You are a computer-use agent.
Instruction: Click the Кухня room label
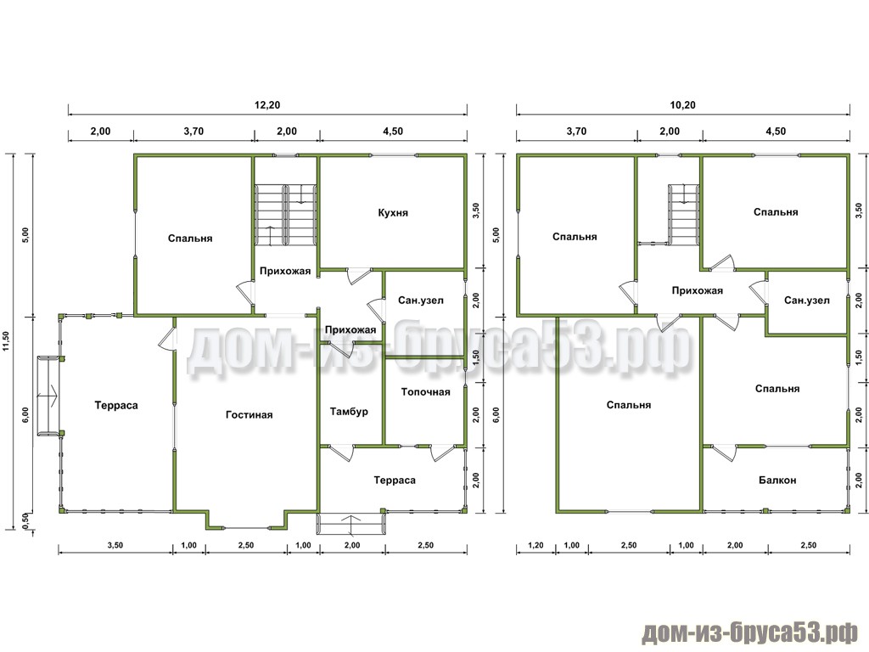(x=393, y=213)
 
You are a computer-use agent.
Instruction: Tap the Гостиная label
(x=249, y=414)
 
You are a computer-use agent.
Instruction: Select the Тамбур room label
(x=349, y=412)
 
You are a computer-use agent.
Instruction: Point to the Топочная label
(x=426, y=392)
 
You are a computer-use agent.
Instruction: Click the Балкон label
(x=777, y=481)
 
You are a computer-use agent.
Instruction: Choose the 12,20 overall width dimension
(x=267, y=104)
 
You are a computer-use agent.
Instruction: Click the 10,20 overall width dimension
(x=683, y=104)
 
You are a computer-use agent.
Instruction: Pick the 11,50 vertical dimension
(x=6, y=341)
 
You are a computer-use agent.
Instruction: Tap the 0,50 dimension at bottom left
(x=25, y=521)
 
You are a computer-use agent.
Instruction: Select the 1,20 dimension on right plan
(x=535, y=546)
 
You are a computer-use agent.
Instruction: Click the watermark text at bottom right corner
(x=750, y=632)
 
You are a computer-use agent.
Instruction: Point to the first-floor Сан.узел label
(x=421, y=301)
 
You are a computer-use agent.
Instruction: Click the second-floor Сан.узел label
(x=806, y=301)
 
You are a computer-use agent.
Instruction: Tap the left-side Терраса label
(x=115, y=405)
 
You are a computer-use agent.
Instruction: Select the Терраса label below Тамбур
(x=395, y=481)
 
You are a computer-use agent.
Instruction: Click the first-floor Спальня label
(x=190, y=239)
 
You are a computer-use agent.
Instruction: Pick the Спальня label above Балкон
(x=777, y=389)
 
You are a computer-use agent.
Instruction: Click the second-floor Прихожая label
(x=698, y=290)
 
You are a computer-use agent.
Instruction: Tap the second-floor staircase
(x=683, y=214)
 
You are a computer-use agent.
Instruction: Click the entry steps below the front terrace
(x=351, y=524)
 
